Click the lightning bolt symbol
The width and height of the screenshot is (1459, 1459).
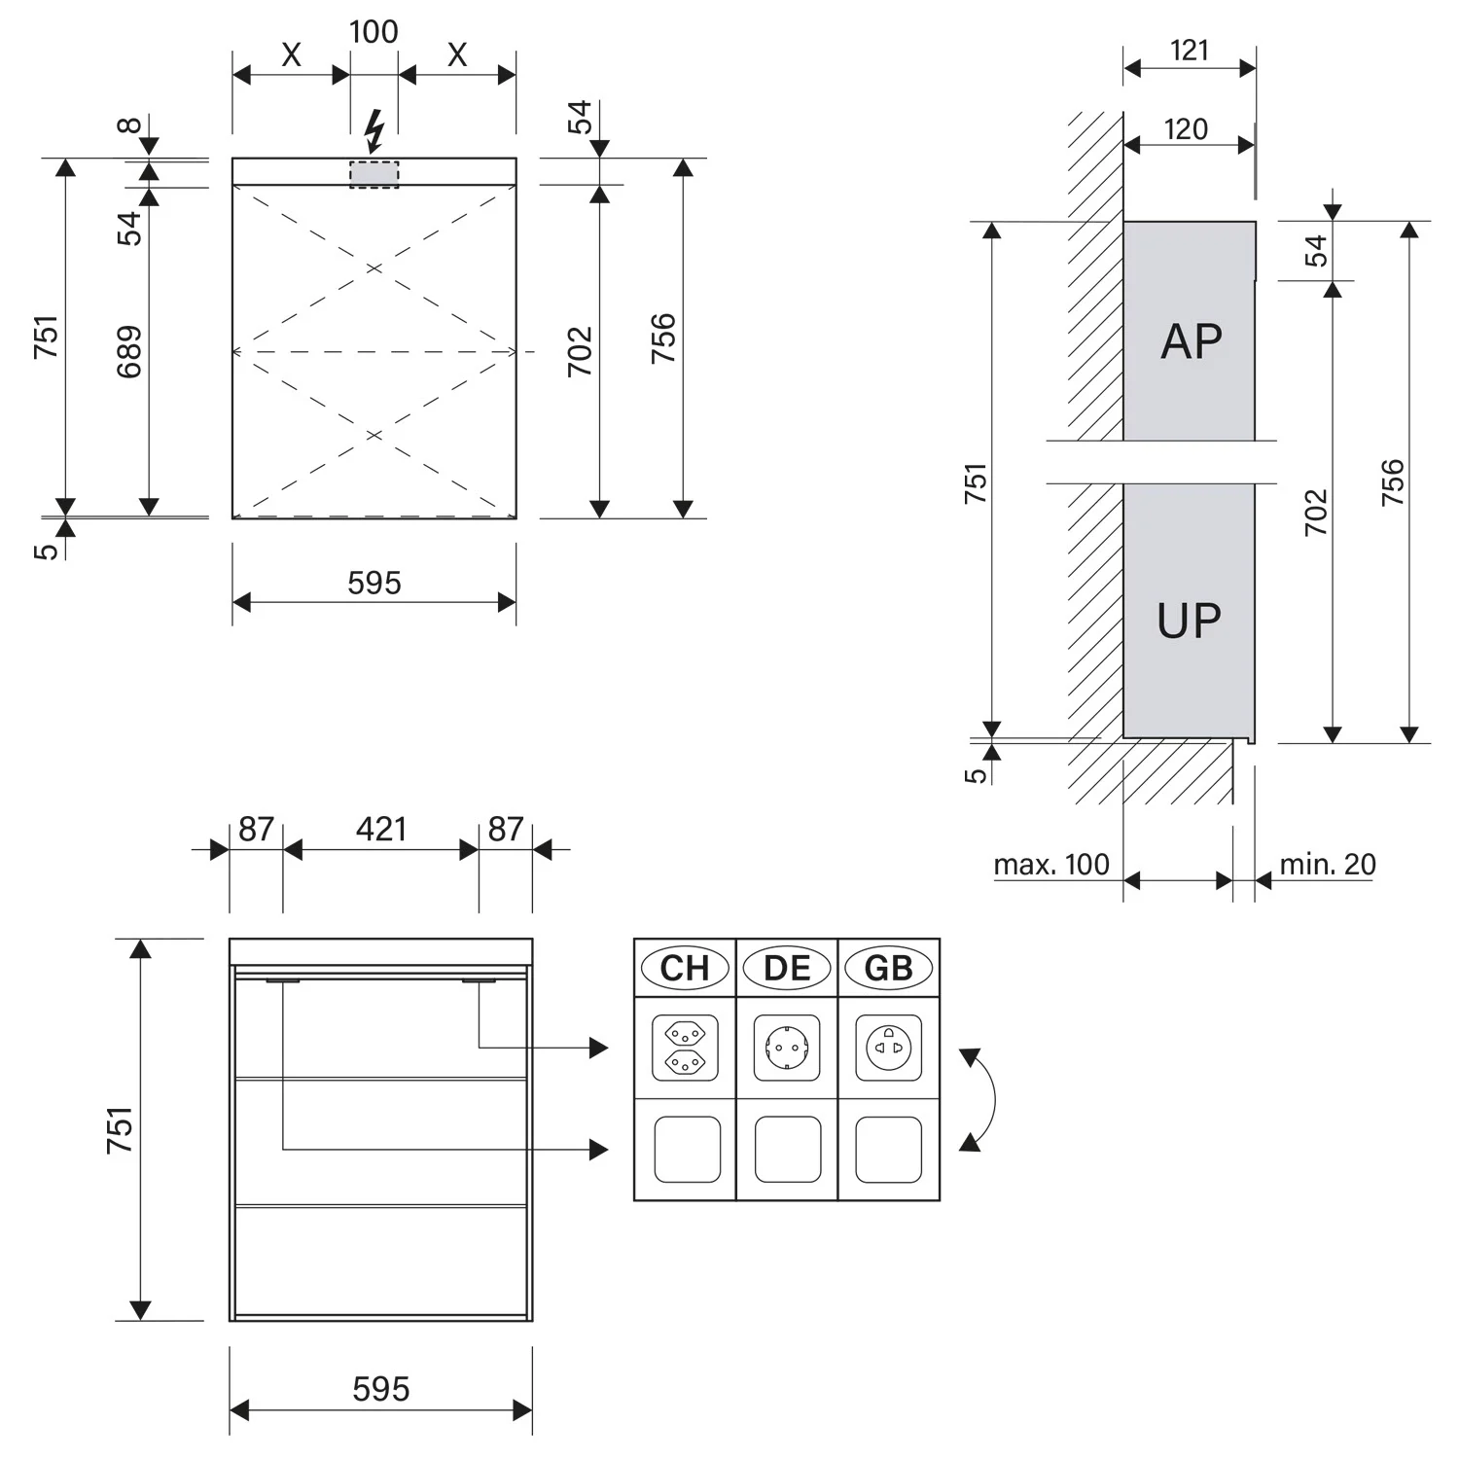click(374, 130)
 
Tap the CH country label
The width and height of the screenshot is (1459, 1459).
click(685, 968)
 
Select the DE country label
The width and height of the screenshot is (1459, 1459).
click(787, 968)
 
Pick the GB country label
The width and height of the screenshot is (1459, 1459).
click(888, 968)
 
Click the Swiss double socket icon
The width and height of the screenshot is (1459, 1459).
click(685, 1048)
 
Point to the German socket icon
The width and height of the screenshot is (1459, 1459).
click(787, 1048)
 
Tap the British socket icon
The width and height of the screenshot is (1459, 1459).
click(888, 1048)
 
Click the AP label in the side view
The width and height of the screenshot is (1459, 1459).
click(1191, 341)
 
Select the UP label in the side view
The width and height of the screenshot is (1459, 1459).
click(1189, 621)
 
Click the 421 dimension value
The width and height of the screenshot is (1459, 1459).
click(380, 829)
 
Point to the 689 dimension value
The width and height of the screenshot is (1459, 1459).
click(129, 351)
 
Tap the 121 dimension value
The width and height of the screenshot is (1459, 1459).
click(1189, 50)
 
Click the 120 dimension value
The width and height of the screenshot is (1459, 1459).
click(1186, 128)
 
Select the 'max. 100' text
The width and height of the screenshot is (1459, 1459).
click(1050, 864)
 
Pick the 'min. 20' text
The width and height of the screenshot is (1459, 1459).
click(1327, 864)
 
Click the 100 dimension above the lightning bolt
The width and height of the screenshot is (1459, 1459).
click(374, 31)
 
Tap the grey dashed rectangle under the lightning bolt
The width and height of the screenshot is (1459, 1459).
click(374, 174)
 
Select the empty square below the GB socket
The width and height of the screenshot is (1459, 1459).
click(888, 1149)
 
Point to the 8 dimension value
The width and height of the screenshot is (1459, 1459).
click(129, 125)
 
